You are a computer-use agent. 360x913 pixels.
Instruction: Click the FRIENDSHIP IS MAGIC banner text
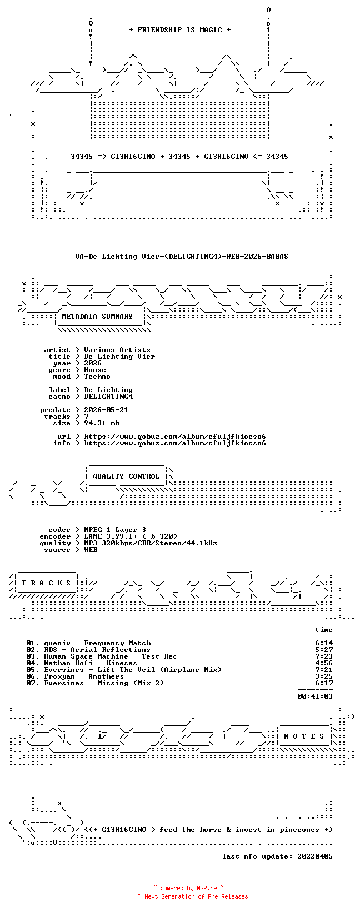coord(180,30)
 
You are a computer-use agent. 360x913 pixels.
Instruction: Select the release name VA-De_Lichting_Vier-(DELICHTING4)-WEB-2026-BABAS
coord(182,257)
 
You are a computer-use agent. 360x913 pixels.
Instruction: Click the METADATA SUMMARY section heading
coord(97,317)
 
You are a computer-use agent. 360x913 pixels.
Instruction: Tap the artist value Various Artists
coord(117,350)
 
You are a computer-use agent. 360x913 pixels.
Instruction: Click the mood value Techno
coord(97,377)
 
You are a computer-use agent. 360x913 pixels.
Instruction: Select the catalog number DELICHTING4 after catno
coord(108,397)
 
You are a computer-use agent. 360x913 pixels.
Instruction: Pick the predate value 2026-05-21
coord(106,410)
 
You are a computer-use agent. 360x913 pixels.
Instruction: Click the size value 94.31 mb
coord(102,423)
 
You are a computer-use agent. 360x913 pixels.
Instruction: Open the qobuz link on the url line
coord(175,437)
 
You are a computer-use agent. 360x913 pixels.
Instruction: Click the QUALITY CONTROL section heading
coord(126,476)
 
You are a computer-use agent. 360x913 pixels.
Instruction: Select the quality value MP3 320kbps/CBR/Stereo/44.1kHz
coord(151,543)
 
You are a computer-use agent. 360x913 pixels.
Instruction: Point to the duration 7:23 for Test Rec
coord(324,656)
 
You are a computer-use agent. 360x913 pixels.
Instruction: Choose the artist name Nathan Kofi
coord(68,663)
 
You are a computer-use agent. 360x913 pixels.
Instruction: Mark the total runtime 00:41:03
coord(315,696)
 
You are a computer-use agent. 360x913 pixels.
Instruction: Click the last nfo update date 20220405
coord(315,856)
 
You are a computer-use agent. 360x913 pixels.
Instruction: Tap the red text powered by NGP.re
coord(188,888)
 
